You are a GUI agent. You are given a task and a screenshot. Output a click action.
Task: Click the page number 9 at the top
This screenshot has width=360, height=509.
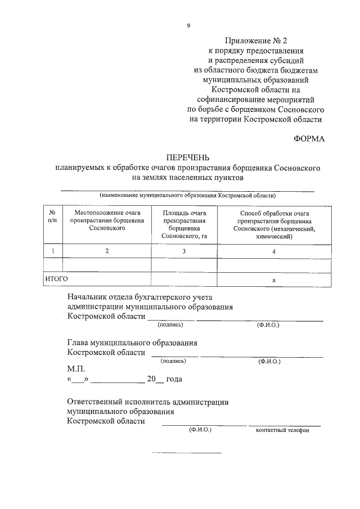[x=188, y=25]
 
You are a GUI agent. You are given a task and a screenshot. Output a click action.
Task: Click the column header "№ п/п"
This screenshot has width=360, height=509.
[x=52, y=217]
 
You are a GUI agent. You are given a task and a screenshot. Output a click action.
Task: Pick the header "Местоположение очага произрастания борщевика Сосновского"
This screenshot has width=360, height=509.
[x=106, y=221]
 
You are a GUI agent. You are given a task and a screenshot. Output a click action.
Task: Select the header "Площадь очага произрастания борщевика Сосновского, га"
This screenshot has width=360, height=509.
[x=184, y=225]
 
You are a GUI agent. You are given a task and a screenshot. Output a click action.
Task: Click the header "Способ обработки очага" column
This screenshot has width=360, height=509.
[x=274, y=225]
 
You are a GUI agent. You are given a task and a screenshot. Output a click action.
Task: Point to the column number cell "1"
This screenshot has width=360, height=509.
[x=52, y=251]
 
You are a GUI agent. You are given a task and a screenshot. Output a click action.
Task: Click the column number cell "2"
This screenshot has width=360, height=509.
[x=106, y=251]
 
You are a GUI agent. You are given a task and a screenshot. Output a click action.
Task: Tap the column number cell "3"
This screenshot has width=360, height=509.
[x=184, y=251]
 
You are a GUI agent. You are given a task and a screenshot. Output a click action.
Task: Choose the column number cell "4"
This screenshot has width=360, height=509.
[x=274, y=252]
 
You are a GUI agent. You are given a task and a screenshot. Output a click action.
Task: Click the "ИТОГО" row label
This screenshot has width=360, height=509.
[x=56, y=278]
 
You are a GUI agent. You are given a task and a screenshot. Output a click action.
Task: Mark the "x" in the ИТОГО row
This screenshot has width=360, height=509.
[x=274, y=280]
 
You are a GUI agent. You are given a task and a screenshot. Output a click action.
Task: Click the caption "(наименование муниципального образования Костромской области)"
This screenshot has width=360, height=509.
[x=188, y=196]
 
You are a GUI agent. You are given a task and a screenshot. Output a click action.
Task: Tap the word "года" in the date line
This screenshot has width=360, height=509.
[x=174, y=379]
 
